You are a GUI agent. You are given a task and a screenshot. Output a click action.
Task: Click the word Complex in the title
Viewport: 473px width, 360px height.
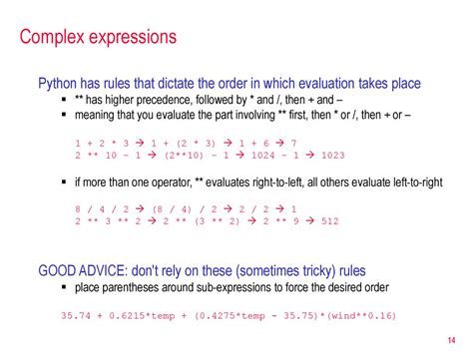click(x=52, y=37)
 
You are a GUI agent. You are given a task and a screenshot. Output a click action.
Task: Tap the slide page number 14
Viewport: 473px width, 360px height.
click(x=451, y=340)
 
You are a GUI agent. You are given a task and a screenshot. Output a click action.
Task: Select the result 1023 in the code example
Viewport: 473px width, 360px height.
click(x=333, y=156)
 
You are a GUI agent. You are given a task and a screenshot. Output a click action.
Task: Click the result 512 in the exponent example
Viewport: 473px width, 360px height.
click(x=330, y=221)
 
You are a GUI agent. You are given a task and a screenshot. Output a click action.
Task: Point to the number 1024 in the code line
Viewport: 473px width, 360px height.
click(x=263, y=156)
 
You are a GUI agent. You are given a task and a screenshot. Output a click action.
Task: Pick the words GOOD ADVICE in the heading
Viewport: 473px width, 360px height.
click(x=83, y=270)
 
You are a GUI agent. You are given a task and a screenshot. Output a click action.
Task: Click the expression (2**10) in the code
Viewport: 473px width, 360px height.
click(x=184, y=156)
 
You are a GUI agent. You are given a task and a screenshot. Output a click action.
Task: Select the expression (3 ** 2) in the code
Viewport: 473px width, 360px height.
click(x=218, y=221)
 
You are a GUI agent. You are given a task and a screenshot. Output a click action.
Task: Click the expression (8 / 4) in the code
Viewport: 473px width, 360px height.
click(x=172, y=209)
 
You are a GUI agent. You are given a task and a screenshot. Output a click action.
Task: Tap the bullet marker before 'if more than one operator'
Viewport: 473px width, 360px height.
click(x=64, y=182)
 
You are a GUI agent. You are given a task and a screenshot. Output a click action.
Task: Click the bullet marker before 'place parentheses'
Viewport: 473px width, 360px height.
click(x=64, y=287)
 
